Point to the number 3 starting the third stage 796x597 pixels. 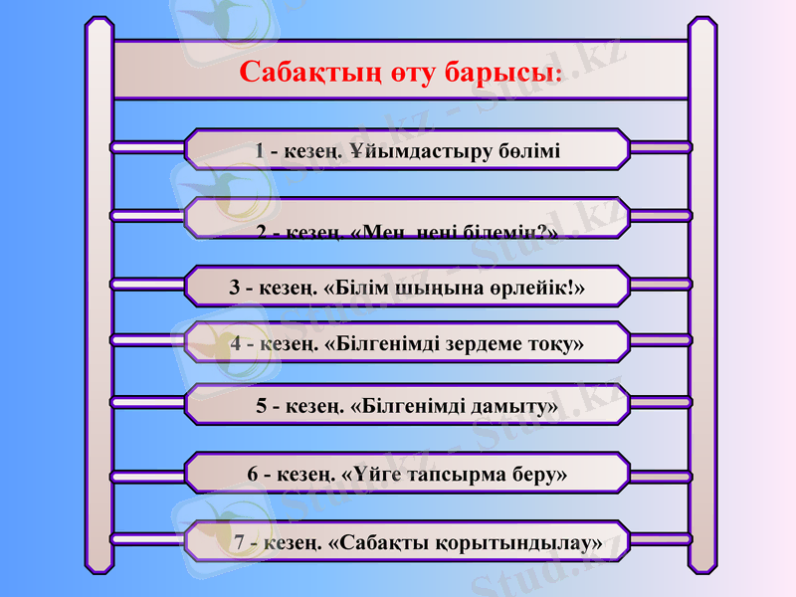235,289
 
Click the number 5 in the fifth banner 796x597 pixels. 262,407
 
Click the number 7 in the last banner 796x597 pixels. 240,543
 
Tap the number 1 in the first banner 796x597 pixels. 260,152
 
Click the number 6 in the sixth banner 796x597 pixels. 253,475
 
